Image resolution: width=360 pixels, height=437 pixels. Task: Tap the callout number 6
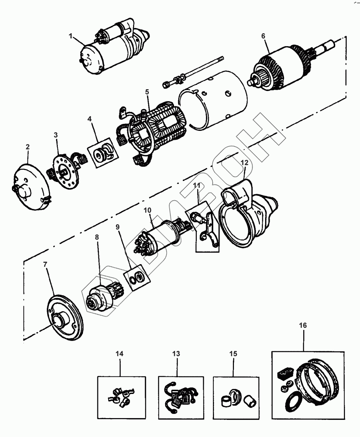coord(263,36)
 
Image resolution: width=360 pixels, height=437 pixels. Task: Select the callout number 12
coord(244,162)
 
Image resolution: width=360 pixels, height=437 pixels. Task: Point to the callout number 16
coord(303,325)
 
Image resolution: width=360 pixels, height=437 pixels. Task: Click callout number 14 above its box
coord(119,353)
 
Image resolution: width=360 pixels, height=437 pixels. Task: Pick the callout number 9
coord(118,227)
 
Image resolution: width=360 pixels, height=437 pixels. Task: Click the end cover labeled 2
coord(32,189)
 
